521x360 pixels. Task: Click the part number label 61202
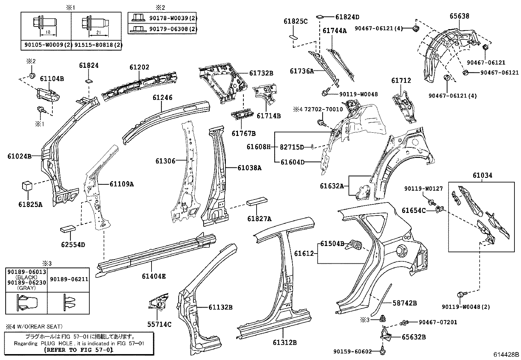pyautogui.click(x=139, y=67)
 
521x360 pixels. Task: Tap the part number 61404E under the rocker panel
pyautogui.click(x=153, y=276)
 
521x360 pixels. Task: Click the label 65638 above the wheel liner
pyautogui.click(x=459, y=16)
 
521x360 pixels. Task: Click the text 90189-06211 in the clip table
pyautogui.click(x=69, y=279)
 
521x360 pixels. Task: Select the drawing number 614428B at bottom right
pyautogui.click(x=506, y=354)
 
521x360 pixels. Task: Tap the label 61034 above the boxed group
pyautogui.click(x=482, y=175)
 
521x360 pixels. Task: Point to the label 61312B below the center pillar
pyautogui.click(x=284, y=343)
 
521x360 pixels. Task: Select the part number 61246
pyautogui.click(x=162, y=97)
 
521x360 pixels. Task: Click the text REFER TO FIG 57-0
pyautogui.click(x=79, y=350)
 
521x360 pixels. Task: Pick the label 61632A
pyautogui.click(x=332, y=186)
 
